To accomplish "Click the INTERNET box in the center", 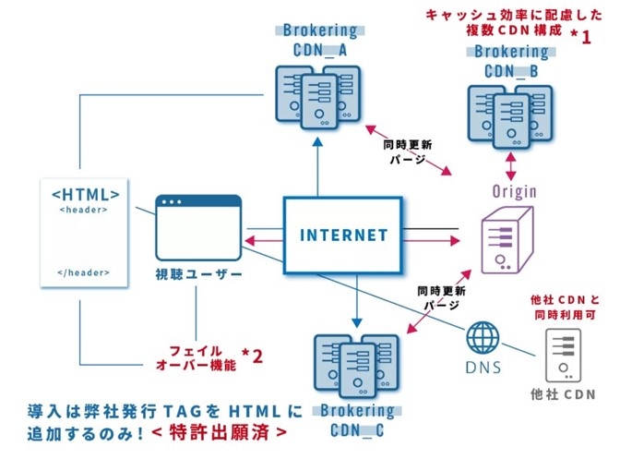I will tap(343, 235).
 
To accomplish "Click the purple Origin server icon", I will tap(507, 239).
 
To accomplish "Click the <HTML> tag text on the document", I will tap(85, 195).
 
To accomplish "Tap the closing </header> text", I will tap(84, 272).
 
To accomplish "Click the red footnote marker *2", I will tap(252, 356).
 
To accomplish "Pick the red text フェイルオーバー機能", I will tap(197, 357).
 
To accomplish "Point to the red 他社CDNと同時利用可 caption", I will tap(564, 308).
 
